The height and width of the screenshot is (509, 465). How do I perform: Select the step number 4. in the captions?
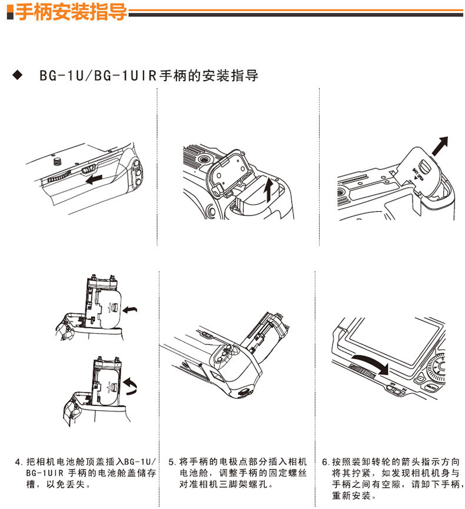(x=19, y=461)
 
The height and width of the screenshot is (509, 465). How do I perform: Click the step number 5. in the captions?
(x=172, y=461)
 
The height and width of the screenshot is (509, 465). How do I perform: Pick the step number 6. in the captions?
(x=325, y=461)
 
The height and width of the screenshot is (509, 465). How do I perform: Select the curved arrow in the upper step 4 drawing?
(x=134, y=308)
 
